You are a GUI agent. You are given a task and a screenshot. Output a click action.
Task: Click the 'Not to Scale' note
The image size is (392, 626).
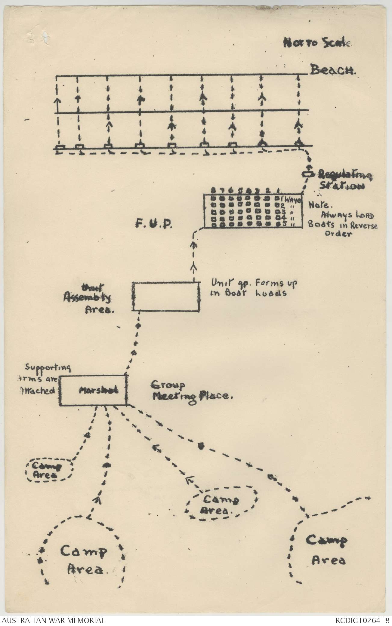click(x=317, y=43)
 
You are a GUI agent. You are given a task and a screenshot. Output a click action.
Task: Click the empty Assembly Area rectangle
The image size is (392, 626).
click(x=166, y=296)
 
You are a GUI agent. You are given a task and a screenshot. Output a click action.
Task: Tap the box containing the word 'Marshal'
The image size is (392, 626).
click(x=94, y=390)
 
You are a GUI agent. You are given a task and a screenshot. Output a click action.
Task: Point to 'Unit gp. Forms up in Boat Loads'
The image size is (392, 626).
click(x=255, y=287)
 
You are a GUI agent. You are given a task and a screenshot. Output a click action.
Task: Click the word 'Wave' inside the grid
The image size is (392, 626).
click(x=293, y=199)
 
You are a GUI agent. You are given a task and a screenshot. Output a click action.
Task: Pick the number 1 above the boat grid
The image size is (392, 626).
click(x=278, y=190)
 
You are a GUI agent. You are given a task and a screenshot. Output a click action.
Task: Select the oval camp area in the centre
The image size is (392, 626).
click(x=221, y=505)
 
